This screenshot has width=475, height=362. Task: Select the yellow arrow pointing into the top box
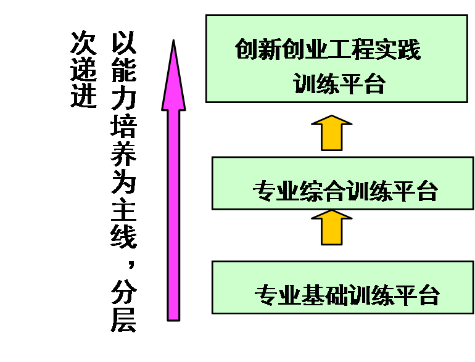pos(332,132)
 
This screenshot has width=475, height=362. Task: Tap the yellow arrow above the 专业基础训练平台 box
pos(332,226)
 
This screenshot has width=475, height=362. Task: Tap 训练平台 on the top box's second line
pos(339,83)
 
